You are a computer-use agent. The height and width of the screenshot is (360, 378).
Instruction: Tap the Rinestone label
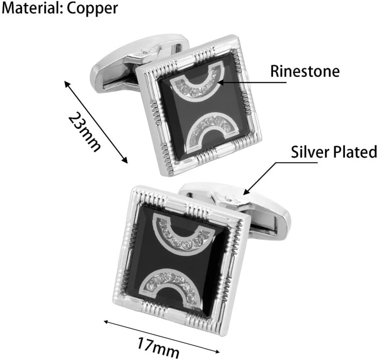coord(305,71)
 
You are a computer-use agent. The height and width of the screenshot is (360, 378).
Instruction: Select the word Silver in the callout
coord(309,152)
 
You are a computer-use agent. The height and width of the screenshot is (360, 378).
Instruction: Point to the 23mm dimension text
coord(84,132)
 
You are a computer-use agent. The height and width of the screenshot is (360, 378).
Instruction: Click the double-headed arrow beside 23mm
coord(95,122)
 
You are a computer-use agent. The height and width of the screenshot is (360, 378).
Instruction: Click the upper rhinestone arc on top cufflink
coord(198,85)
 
